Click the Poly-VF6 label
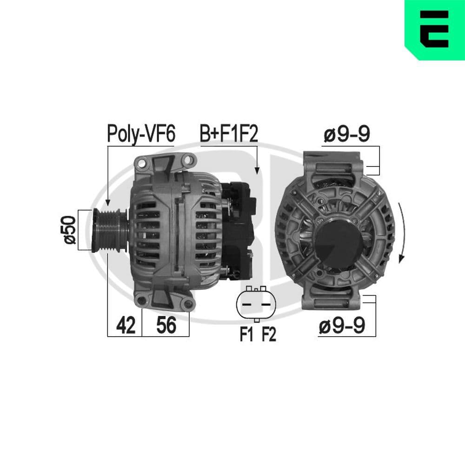coord(141,133)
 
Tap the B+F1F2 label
coord(228,133)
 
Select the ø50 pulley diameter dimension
coord(70,230)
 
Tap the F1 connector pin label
coord(246,334)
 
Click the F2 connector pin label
coord(268,334)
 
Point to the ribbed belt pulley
coord(110,231)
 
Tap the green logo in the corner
coord(434,29)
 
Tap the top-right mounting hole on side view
coord(188,160)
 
